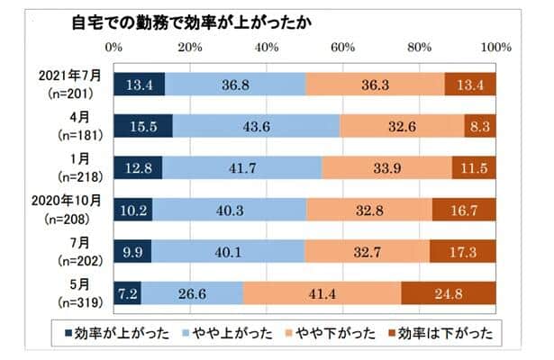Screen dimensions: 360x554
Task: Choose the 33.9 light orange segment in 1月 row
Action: coord(386,167)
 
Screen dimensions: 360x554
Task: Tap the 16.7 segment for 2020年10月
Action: coord(463,211)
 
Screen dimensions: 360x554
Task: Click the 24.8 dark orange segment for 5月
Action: coord(448,294)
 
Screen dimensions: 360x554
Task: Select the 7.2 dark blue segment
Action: coord(128,294)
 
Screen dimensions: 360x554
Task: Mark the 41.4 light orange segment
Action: coord(322,294)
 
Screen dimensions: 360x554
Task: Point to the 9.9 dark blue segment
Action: coord(133,252)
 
